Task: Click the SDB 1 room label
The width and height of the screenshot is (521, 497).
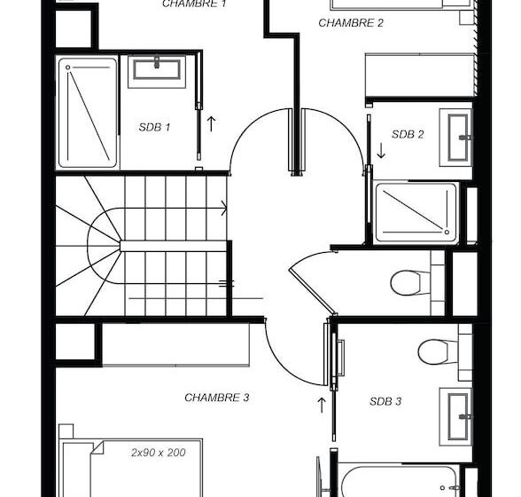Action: pos(154,127)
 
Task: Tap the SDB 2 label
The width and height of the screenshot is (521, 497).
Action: pos(408,135)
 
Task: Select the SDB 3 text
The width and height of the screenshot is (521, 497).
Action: pos(385,401)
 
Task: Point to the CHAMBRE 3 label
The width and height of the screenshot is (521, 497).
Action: pos(216,398)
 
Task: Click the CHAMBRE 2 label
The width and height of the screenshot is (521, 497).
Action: pos(351,23)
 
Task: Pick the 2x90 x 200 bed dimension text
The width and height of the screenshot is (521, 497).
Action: pos(158,453)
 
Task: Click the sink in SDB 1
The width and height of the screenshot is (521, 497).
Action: pos(157,69)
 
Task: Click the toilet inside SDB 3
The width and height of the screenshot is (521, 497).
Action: pos(436,351)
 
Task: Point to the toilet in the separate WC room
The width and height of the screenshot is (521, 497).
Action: pos(409,282)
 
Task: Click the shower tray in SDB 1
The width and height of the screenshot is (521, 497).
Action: pos(88,113)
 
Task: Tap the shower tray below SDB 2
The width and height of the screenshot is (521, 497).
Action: pos(416,213)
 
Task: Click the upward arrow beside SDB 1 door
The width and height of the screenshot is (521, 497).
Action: pos(211,123)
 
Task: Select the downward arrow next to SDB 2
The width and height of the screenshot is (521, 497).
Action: pos(381,151)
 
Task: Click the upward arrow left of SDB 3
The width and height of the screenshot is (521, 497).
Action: pos(322,405)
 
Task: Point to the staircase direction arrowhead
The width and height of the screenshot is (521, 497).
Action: pos(225,209)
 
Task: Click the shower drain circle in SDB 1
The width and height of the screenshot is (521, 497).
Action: pos(68,67)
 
